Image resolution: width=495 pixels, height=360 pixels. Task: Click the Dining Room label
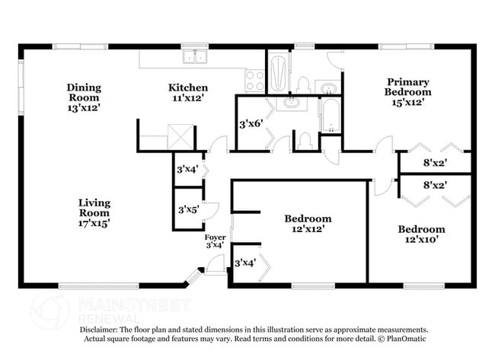(x=84, y=97)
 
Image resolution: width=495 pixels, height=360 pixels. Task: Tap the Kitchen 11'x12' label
(x=188, y=92)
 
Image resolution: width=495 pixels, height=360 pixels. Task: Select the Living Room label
(x=94, y=213)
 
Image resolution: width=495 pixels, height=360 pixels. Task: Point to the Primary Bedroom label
(x=408, y=92)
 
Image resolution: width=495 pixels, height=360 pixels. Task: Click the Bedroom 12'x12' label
(x=308, y=224)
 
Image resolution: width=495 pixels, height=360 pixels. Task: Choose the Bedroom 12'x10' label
(x=421, y=234)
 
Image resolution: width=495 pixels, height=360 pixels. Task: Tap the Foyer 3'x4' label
(x=215, y=241)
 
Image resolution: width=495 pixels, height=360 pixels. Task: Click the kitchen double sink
(x=195, y=57)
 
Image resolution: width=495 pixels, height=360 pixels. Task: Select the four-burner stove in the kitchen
(x=254, y=81)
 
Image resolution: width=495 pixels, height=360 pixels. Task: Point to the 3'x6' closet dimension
(x=251, y=124)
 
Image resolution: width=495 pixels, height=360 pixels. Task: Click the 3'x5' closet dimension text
(x=188, y=209)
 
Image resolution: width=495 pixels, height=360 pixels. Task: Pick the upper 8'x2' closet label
(x=435, y=163)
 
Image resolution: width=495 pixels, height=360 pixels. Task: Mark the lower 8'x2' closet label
(x=435, y=185)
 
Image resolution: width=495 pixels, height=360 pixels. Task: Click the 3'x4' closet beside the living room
(x=187, y=170)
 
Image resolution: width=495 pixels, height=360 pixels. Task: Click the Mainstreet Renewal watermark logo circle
(x=49, y=311)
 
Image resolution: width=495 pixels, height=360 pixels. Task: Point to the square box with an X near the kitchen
(x=180, y=137)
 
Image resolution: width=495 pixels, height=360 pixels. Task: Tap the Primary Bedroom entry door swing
(x=383, y=145)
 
